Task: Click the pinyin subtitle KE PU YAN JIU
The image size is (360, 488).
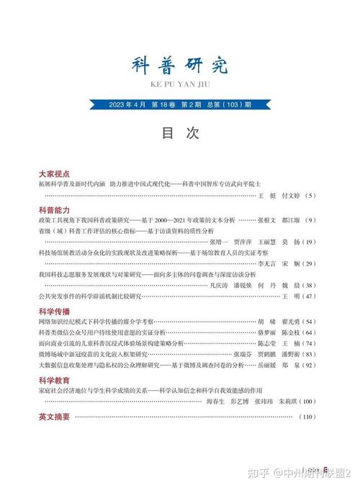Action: (x=180, y=84)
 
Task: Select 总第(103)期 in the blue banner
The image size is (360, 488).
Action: (x=228, y=106)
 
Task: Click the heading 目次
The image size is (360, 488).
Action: (x=180, y=134)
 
